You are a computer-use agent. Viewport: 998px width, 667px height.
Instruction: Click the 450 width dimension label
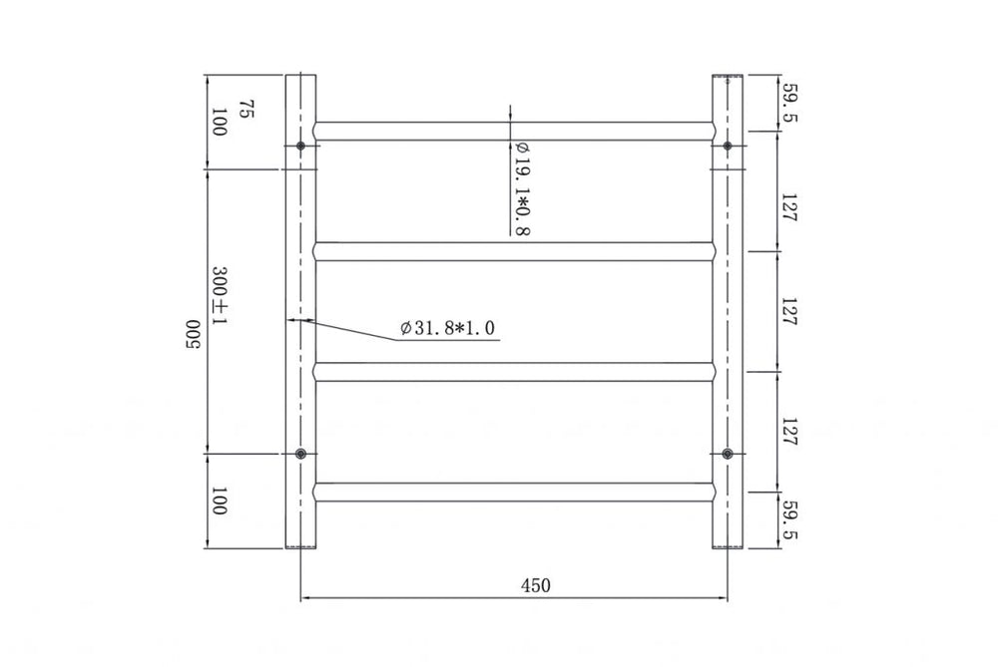coord(535,585)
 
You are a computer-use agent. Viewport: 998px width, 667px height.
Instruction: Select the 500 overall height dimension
coord(193,335)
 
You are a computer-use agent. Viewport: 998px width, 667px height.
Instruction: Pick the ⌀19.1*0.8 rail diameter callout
coord(521,187)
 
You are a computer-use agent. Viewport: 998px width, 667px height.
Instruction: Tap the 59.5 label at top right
coord(789,102)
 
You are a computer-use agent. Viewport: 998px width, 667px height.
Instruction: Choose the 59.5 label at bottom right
coord(789,520)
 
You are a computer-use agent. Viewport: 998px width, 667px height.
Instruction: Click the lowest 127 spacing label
coord(789,431)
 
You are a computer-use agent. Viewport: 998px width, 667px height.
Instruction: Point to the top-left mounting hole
coord(301,147)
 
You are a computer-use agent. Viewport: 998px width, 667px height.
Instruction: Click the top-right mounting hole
coord(728,147)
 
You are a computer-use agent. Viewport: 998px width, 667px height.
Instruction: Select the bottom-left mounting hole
coord(301,455)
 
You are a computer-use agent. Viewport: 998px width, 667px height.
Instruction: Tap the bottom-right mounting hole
coord(728,455)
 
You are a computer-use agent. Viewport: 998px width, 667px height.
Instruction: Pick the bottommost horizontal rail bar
coord(514,492)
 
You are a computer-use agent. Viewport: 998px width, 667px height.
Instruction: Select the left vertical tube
coord(301,299)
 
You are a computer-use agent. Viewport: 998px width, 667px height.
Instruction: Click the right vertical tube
coord(728,299)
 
